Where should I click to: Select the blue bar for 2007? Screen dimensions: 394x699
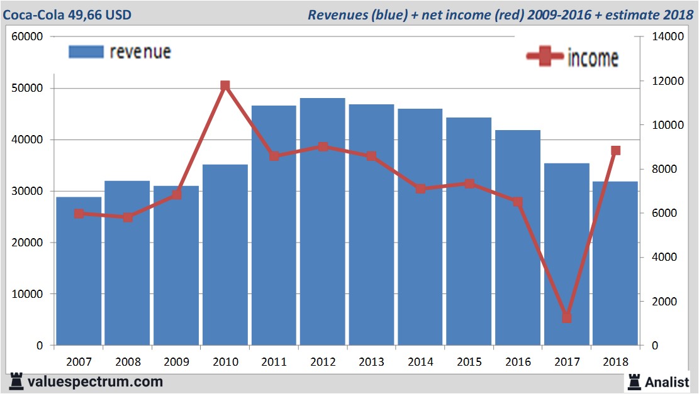pos(79,271)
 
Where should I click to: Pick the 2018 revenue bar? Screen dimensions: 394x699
pos(615,263)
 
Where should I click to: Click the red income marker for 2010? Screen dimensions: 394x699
pos(225,86)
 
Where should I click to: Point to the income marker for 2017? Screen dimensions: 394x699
pos(567,317)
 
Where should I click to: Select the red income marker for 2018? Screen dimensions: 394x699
pos(615,151)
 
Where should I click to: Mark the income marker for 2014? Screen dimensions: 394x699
pos(420,189)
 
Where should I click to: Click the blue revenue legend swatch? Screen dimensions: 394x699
pos(86,52)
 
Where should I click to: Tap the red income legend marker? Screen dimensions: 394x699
pos(544,57)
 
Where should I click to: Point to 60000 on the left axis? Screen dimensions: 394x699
pos(27,36)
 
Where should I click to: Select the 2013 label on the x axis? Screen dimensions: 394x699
pos(372,363)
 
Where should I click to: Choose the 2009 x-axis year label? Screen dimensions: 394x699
pos(177,363)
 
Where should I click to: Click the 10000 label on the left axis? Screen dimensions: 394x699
pos(27,294)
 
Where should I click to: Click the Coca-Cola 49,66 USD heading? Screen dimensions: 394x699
pos(68,14)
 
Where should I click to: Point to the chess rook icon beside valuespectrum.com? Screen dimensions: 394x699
pos(16,381)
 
